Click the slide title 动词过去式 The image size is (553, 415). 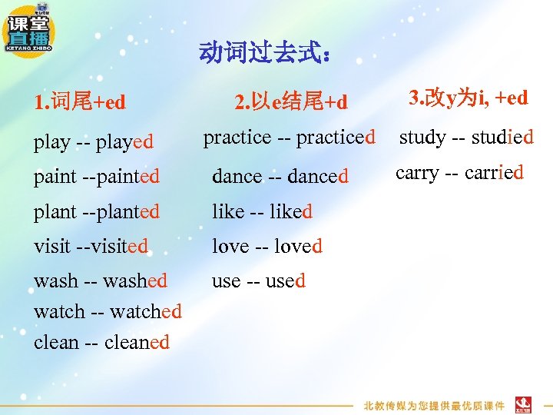point(265,53)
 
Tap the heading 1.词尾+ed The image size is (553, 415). point(80,101)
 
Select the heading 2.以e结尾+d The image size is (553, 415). point(291,101)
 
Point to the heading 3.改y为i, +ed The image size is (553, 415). point(469,98)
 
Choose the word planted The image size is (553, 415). point(126,211)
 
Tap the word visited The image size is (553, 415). point(116,246)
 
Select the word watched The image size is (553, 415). point(146,311)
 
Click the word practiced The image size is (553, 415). point(336,138)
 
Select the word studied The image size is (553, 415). point(502,138)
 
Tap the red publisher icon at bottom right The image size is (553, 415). point(524,403)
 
